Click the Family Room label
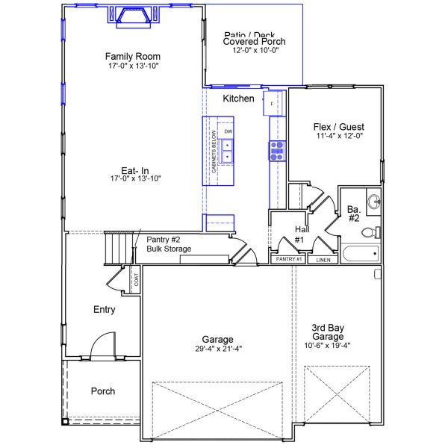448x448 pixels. [133, 57]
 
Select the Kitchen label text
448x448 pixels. [238, 99]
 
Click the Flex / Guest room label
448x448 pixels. [338, 127]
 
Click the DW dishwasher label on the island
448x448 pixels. [228, 131]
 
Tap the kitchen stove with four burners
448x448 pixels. [277, 151]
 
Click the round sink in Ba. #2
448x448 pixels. [373, 201]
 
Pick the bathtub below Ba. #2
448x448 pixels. [360, 254]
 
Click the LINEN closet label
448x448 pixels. [323, 260]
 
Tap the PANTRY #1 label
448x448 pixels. [288, 259]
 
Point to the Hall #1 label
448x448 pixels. [299, 234]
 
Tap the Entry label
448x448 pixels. [104, 309]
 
